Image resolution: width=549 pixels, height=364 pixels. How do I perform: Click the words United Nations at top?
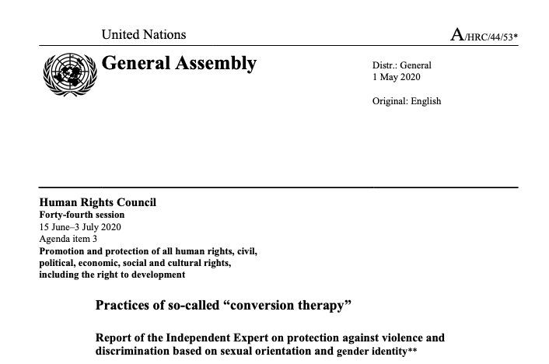pyautogui.click(x=144, y=34)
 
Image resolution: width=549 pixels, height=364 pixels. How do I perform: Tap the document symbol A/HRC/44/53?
pyautogui.click(x=483, y=35)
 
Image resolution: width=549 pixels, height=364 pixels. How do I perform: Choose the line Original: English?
pyautogui.click(x=407, y=101)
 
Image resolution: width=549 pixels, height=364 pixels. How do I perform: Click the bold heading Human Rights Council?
pyautogui.click(x=97, y=203)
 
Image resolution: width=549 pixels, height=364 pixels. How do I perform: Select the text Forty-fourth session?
pyautogui.click(x=82, y=215)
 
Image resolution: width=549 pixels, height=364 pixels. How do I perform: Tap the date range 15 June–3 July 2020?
pyautogui.click(x=80, y=227)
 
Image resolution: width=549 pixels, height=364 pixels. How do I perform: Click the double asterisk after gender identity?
pyautogui.click(x=412, y=351)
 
